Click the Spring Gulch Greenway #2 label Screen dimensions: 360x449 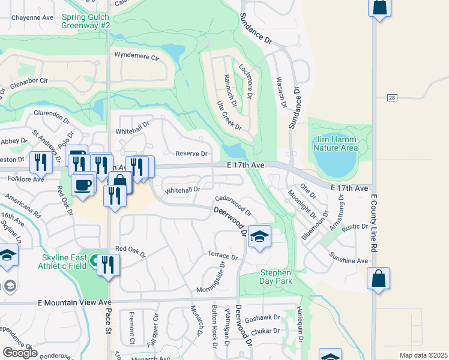(x=86, y=22)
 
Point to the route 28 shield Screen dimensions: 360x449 (x=392, y=97)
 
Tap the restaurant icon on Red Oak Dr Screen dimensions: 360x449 (x=108, y=265)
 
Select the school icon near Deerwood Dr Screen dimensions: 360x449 (x=259, y=237)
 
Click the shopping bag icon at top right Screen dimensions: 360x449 (x=380, y=8)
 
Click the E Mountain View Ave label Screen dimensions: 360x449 (x=75, y=302)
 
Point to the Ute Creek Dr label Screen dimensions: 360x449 (x=229, y=116)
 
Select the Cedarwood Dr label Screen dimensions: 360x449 (x=233, y=203)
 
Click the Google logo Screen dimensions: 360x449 (x=20, y=353)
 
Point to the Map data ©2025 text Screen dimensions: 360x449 (x=423, y=355)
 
